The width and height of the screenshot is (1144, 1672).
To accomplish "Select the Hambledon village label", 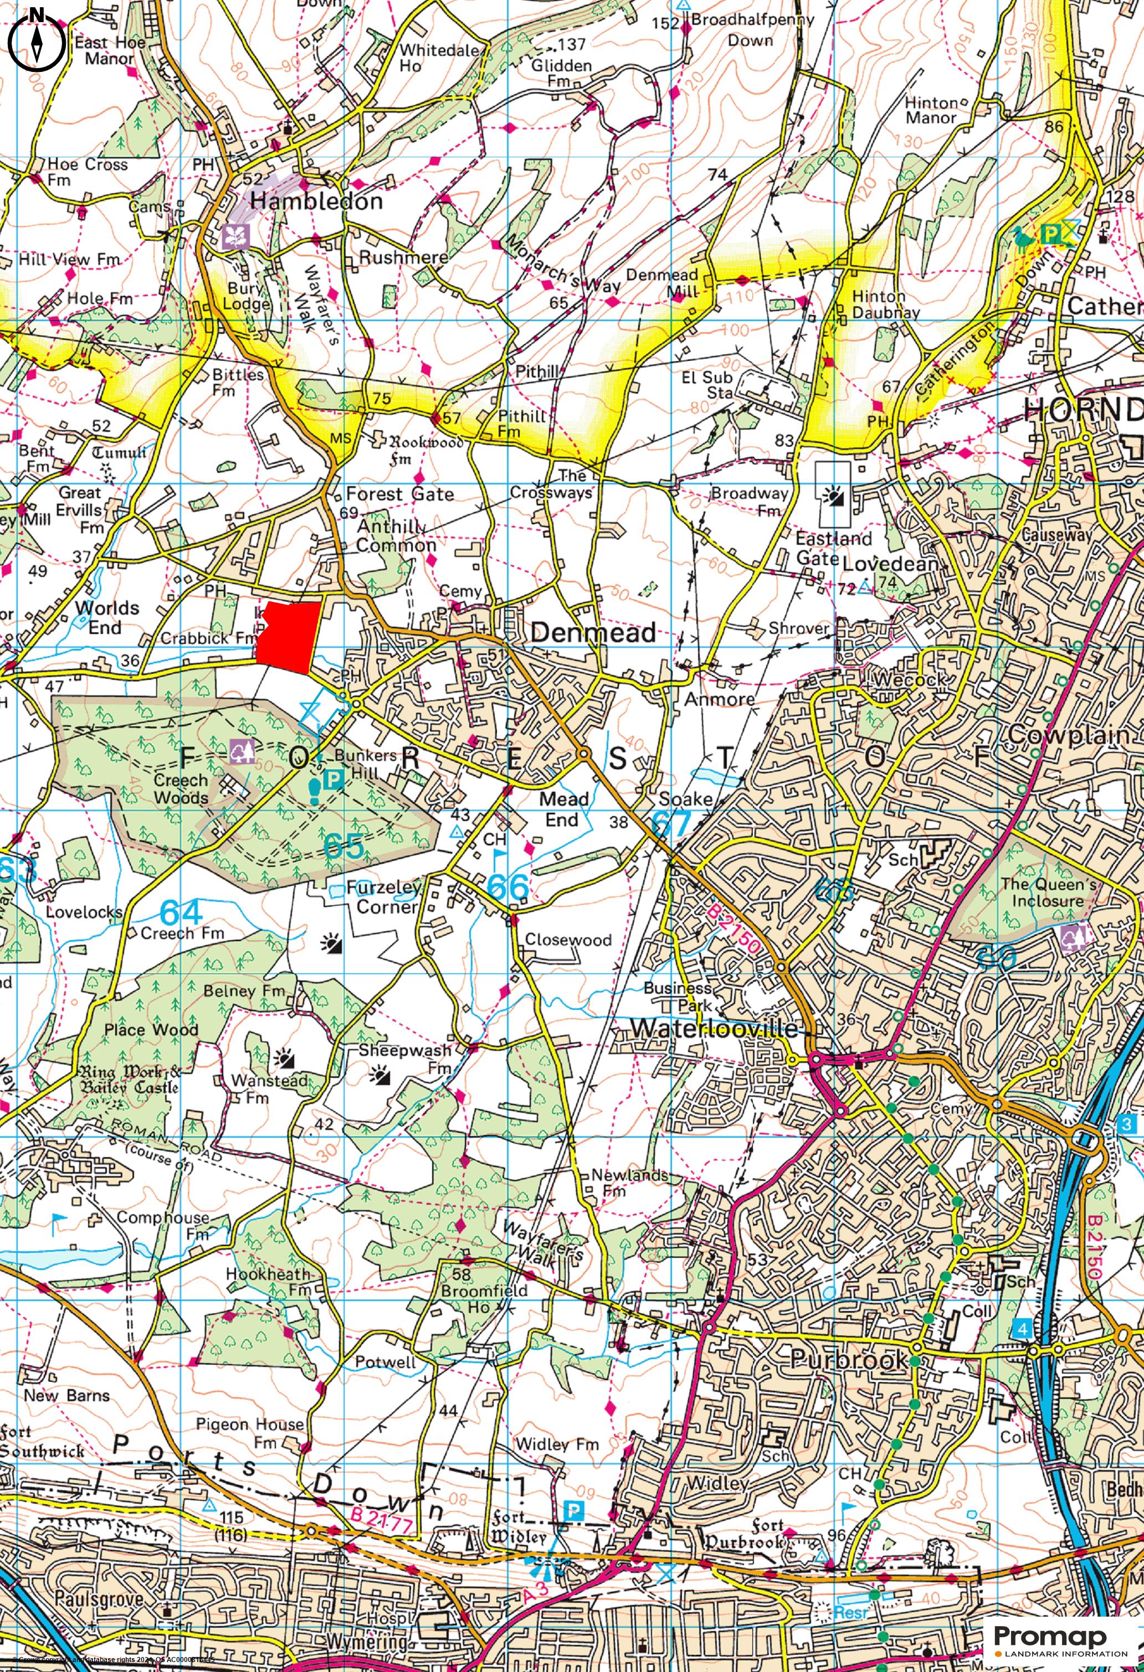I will pos(316,202).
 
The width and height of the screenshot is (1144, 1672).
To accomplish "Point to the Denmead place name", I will pos(593,632).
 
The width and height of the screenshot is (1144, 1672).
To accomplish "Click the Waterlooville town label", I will pos(714,1028).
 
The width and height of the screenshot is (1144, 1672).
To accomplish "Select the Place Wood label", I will pos(151,1030).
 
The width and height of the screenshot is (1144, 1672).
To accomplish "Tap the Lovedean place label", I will pos(891,564).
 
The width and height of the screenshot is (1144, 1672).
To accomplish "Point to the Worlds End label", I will pos(106,617).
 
